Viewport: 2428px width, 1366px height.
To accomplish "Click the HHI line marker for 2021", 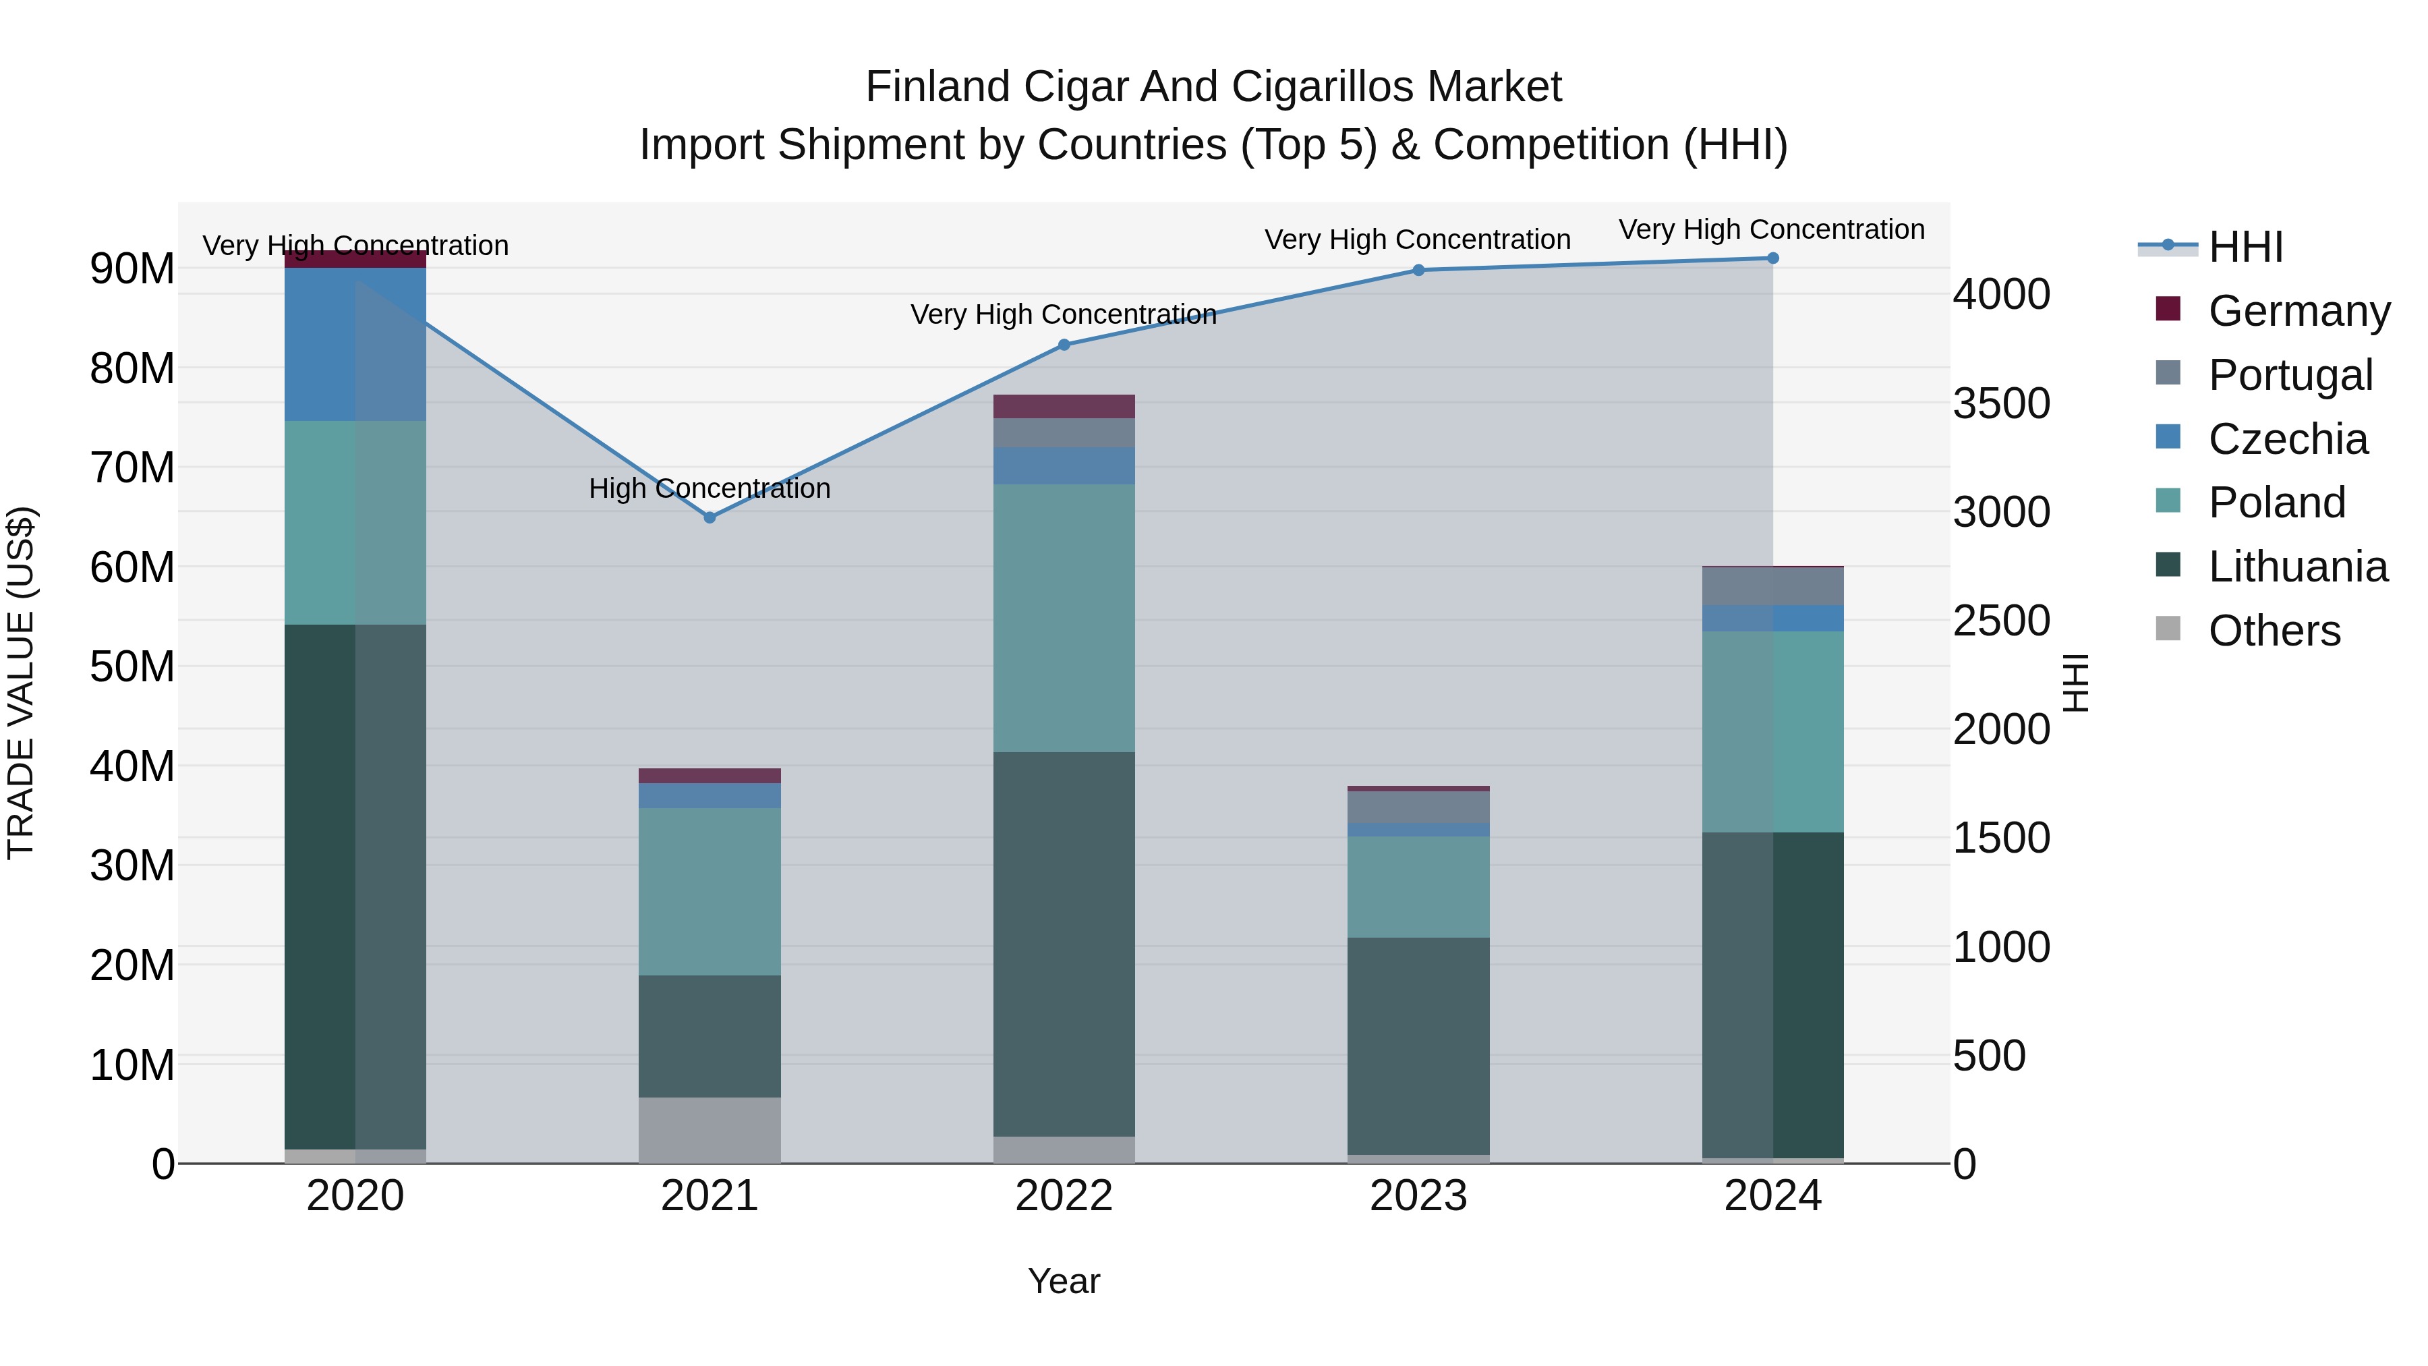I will point(710,517).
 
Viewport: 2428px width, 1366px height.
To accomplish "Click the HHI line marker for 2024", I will point(1772,258).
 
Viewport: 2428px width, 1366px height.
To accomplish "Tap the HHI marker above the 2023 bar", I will point(1418,271).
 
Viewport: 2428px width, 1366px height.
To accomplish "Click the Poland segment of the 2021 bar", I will point(709,891).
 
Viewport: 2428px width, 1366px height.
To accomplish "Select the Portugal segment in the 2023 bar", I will point(1418,807).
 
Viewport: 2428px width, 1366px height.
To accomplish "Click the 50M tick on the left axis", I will point(132,666).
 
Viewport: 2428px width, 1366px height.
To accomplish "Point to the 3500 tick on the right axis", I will point(2000,403).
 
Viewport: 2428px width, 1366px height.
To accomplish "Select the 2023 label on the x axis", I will point(1418,1196).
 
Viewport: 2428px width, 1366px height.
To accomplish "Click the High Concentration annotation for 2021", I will point(709,488).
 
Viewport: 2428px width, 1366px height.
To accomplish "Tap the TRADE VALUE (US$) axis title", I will point(21,683).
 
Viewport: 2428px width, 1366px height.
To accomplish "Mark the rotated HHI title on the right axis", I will point(2075,683).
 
